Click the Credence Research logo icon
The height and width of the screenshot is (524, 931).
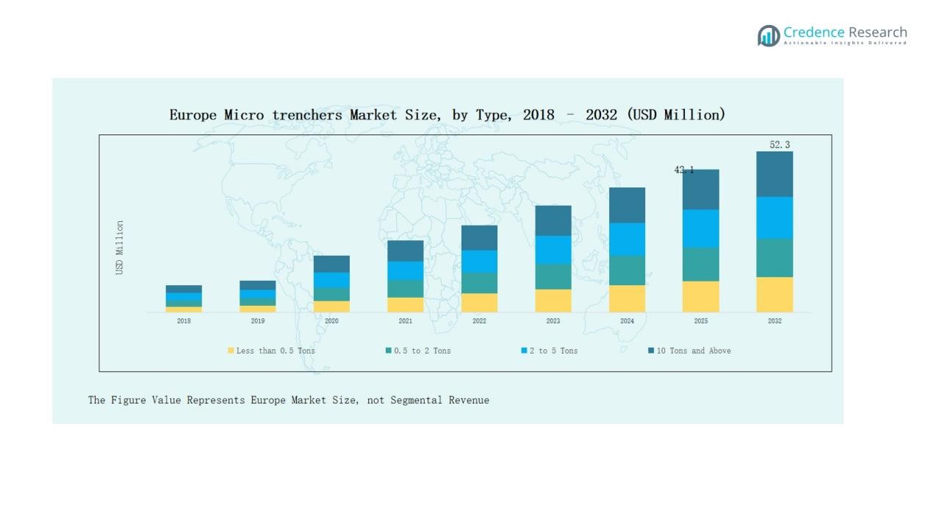pos(769,35)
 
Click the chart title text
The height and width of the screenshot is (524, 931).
pos(447,115)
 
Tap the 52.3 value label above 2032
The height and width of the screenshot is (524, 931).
pos(780,145)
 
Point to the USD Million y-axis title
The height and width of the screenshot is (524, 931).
pos(120,248)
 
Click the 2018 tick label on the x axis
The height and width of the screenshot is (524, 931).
pos(184,321)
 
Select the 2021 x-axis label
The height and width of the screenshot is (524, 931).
pos(405,321)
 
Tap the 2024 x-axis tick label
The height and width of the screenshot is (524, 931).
pos(627,321)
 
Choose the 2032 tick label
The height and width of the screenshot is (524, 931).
pos(774,321)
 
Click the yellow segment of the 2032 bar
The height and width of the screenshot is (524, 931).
pos(774,295)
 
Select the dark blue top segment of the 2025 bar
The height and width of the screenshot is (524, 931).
pos(700,190)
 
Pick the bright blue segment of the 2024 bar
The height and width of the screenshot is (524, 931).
pos(627,240)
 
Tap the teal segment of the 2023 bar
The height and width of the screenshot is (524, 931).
pos(553,276)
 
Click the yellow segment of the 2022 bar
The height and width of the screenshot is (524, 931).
pos(479,303)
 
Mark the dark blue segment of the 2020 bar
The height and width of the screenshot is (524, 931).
pos(331,264)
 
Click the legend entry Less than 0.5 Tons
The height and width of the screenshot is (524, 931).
pos(271,351)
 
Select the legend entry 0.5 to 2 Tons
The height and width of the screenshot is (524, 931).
pos(418,351)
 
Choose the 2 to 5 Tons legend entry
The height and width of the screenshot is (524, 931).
pos(550,351)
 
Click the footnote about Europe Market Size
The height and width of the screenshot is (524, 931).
pos(289,401)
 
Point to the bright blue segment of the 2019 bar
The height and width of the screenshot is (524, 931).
pos(258,294)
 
